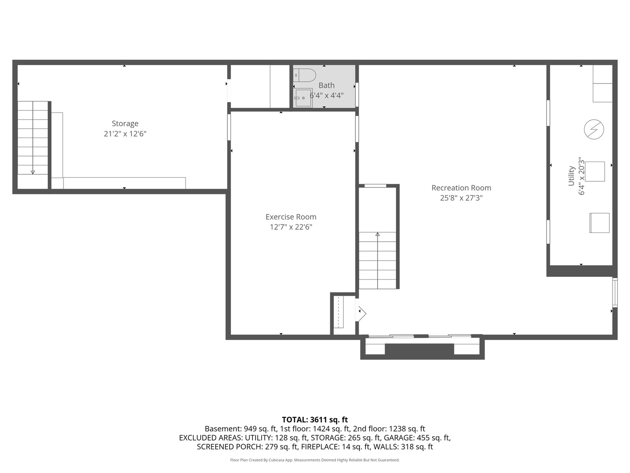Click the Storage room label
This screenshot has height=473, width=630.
point(125,124)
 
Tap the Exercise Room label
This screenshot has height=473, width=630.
point(290,217)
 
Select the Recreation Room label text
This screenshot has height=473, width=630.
point(461,188)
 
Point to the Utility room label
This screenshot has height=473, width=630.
point(571,176)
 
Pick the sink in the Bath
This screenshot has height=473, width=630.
point(302,98)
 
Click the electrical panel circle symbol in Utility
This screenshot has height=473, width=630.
point(594,129)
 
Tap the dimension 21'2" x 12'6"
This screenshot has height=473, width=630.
point(125,134)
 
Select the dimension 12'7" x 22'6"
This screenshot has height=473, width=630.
point(290,227)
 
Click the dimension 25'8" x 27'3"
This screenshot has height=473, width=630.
point(461,198)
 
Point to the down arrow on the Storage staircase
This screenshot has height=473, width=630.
point(33,172)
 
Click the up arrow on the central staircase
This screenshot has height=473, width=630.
point(378,235)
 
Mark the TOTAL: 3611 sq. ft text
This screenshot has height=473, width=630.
point(315,420)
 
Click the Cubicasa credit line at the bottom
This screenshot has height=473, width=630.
point(315,460)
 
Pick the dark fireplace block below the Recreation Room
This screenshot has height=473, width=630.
point(419,350)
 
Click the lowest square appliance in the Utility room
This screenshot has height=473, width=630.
point(599,223)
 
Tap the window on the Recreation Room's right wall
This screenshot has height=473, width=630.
point(615,292)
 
